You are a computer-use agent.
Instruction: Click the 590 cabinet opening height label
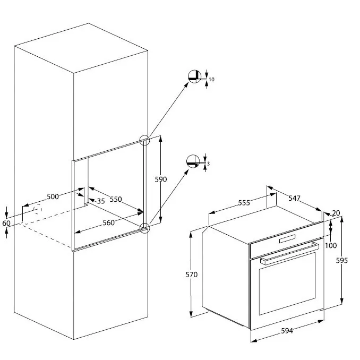pyautogui.click(x=161, y=179)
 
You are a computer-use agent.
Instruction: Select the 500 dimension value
pyautogui.click(x=53, y=196)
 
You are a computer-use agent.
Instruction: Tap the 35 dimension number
pyautogui.click(x=101, y=201)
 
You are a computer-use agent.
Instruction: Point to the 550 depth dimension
pyautogui.click(x=116, y=199)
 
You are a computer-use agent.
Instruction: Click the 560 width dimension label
pyautogui.click(x=108, y=222)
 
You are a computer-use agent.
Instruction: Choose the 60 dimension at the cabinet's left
pyautogui.click(x=6, y=223)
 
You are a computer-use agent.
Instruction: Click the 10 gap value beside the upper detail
pyautogui.click(x=211, y=80)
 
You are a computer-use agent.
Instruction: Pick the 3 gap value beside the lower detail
pyautogui.click(x=208, y=164)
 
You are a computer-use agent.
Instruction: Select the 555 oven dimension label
pyautogui.click(x=244, y=203)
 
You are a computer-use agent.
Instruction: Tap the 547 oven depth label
pyautogui.click(x=294, y=198)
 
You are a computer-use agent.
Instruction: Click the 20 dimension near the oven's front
pyautogui.click(x=336, y=213)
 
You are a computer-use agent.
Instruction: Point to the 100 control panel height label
pyautogui.click(x=331, y=245)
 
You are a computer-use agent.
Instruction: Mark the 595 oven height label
pyautogui.click(x=342, y=261)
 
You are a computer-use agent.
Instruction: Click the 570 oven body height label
pyautogui.click(x=192, y=275)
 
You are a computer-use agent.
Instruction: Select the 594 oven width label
pyautogui.click(x=287, y=331)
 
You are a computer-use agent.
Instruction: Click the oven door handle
pyautogui.click(x=289, y=254)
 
